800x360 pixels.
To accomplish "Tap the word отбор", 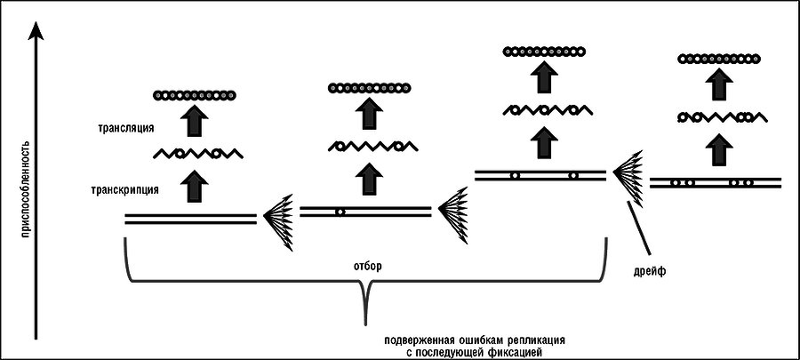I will tap(365, 265).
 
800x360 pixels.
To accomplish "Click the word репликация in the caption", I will tap(532, 340).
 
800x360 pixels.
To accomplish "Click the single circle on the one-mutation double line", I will tap(340, 212).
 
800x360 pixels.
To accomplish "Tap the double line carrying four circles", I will tap(716, 182).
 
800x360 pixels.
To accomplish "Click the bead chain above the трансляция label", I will tap(194, 94).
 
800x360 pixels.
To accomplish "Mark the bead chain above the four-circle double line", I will tap(720, 59).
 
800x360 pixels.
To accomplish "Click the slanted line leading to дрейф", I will tap(638, 228).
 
